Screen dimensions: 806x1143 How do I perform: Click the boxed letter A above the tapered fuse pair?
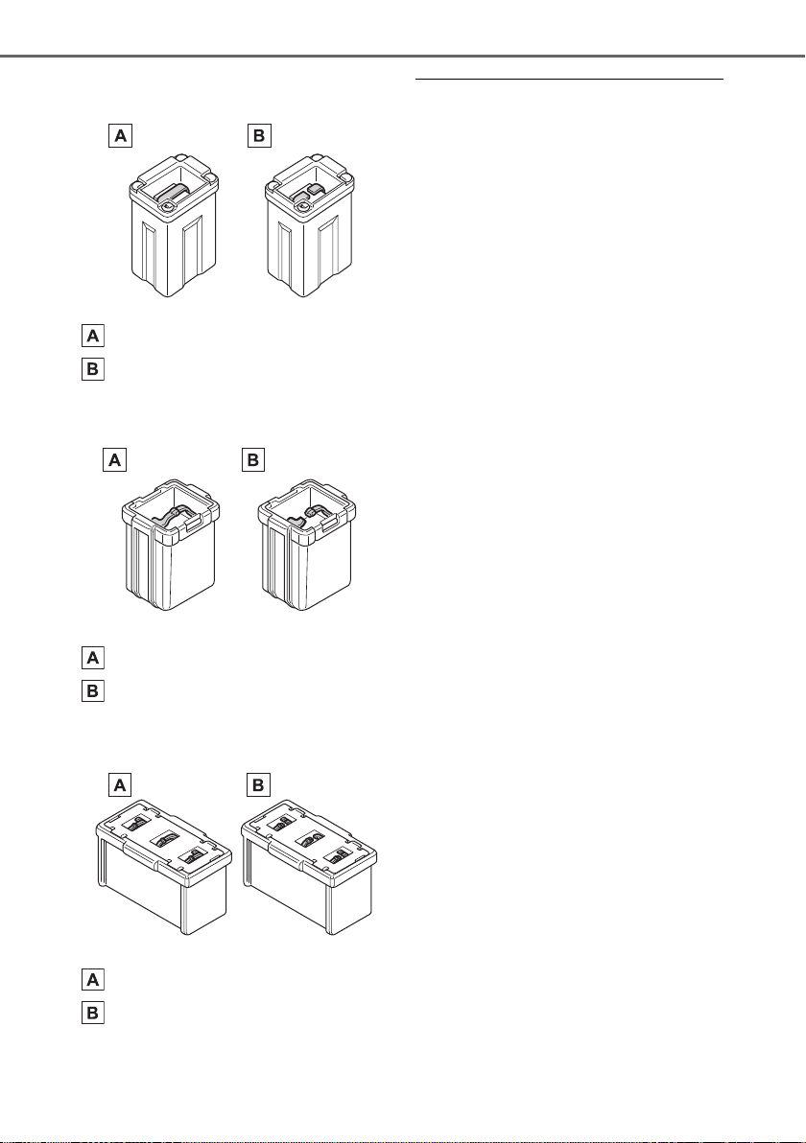120,135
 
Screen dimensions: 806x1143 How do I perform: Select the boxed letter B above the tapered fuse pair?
260,135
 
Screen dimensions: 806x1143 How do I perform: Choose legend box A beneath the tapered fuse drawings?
93,336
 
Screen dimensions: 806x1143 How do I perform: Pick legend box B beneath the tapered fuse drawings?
93,369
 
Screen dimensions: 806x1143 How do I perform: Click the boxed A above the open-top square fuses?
114,460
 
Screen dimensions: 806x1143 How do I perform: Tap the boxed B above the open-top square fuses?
253,460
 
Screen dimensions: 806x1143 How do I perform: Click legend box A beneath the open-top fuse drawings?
93,658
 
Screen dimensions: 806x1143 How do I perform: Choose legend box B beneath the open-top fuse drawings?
93,689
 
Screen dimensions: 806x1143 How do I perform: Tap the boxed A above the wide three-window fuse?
120,784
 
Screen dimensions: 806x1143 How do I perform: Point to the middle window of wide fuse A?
164,841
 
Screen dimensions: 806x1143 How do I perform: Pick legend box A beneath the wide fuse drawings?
93,979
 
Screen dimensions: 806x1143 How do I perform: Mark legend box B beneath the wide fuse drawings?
93,1013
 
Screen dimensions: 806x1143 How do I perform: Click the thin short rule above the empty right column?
569,78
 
